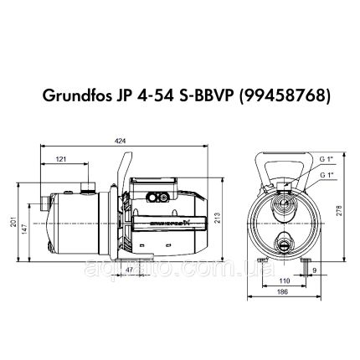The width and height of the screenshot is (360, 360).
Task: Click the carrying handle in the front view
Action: [x=284, y=152]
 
